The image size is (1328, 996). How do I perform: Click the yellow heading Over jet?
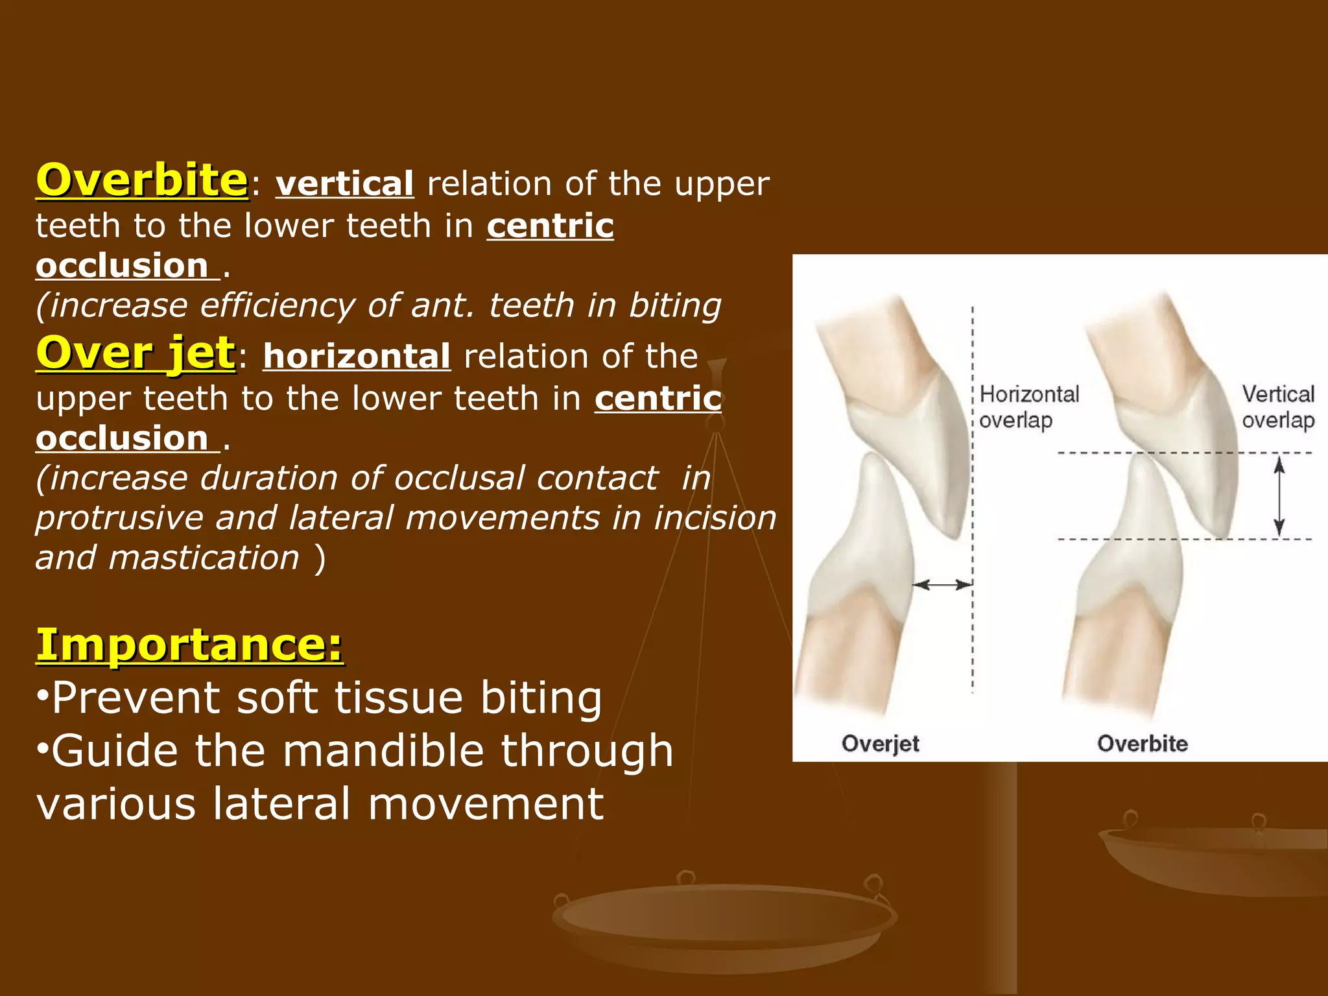[135, 353]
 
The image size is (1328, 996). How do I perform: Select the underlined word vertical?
[344, 184]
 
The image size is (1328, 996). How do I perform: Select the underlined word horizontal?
[357, 357]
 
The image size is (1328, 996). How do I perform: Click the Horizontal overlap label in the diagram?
[1028, 407]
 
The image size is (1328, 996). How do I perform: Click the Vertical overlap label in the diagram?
[1277, 407]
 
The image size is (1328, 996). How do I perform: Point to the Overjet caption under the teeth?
[880, 743]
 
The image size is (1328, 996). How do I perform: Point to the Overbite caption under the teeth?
[1142, 743]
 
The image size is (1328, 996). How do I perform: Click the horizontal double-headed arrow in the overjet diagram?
[942, 585]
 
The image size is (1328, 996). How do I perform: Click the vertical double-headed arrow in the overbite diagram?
[1279, 496]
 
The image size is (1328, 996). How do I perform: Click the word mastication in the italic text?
[204, 558]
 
